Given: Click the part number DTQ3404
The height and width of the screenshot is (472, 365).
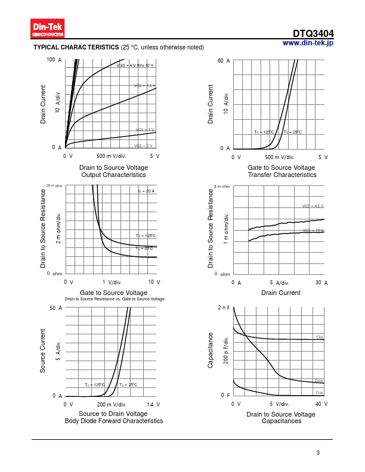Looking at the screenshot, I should (313, 34).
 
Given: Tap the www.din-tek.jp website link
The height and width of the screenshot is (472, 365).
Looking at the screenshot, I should (308, 43).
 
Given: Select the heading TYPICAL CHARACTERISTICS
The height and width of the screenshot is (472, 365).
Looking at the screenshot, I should (76, 47).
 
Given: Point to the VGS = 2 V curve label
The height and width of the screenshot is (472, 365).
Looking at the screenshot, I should (143, 146).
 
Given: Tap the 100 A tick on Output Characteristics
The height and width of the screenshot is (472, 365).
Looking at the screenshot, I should (54, 60).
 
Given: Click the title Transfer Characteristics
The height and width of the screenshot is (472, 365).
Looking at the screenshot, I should (282, 175).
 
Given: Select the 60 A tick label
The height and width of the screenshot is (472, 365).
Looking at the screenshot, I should (224, 61).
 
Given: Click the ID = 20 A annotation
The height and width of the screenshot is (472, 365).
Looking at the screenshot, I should (146, 191).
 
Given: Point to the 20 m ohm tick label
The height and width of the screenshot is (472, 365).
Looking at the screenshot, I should (54, 186).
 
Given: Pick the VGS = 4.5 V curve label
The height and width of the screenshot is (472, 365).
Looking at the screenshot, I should (313, 206).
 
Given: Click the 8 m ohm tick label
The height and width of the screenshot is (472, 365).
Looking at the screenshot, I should (222, 187).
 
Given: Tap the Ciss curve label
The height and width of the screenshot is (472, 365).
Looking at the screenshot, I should (320, 337).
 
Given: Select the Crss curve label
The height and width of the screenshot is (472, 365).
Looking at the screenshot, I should (320, 392).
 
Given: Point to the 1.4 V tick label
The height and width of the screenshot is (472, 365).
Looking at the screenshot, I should (153, 405).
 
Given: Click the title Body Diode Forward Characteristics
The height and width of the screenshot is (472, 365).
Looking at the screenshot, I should (113, 421).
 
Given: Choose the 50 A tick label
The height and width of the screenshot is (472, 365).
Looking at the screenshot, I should (56, 308).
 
